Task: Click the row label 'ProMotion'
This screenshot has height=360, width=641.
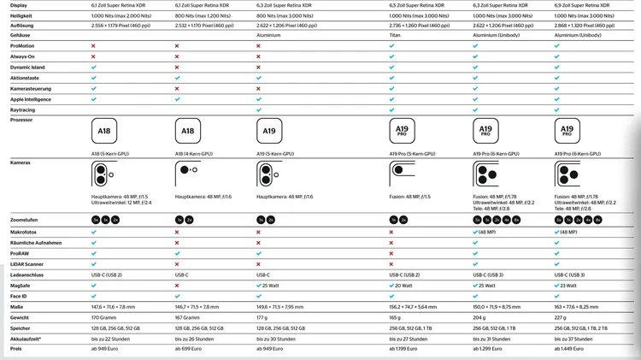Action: pyautogui.click(x=23, y=46)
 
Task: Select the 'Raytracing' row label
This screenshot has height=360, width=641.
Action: pyautogui.click(x=23, y=110)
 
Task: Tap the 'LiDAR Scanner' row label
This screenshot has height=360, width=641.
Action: pyautogui.click(x=26, y=264)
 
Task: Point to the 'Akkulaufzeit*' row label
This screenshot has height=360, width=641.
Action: pyautogui.click(x=27, y=338)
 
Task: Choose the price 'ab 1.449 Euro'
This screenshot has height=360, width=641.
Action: pyautogui.click(x=574, y=349)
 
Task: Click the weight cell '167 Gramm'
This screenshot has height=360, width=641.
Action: pyautogui.click(x=189, y=316)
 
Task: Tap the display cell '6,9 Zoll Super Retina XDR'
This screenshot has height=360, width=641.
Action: pyautogui.click(x=590, y=5)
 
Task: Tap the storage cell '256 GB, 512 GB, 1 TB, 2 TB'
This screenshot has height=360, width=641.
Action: pyautogui.click(x=591, y=328)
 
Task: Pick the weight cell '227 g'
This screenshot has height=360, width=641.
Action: pyautogui.click(x=562, y=316)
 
